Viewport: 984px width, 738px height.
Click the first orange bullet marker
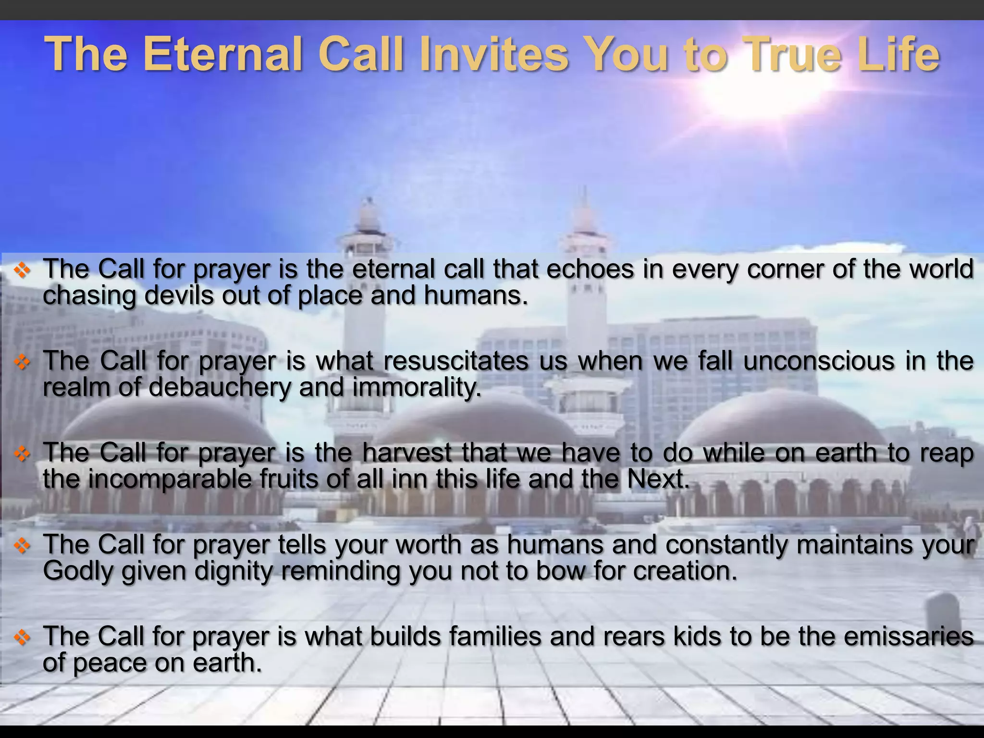tap(22, 271)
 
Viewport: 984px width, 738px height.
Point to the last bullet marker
tap(22, 638)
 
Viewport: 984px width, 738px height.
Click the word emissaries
tap(909, 637)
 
